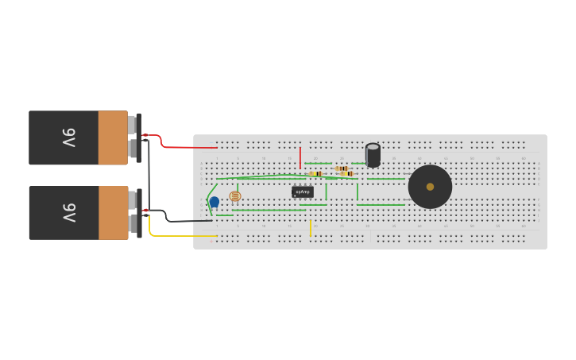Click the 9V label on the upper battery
(69, 137)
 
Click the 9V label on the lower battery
(69, 213)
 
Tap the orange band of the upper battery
(113, 137)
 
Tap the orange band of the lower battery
(113, 213)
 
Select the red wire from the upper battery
(191, 147)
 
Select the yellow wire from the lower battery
(183, 236)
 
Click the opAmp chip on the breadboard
(303, 192)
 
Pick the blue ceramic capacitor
(214, 202)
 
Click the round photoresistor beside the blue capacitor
(234, 196)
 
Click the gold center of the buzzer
(430, 187)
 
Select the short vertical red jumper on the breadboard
(300, 157)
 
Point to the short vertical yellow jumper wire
(310, 228)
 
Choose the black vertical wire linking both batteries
(149, 175)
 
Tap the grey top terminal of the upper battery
(132, 124)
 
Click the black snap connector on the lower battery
(139, 213)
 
